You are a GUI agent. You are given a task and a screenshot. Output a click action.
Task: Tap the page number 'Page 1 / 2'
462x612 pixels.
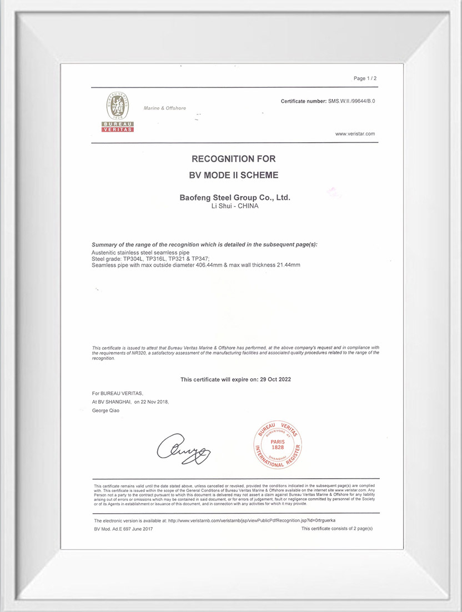365,78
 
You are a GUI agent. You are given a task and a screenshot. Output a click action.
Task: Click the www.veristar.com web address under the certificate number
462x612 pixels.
355,134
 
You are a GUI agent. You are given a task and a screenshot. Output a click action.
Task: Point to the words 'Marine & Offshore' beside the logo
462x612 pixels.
165,108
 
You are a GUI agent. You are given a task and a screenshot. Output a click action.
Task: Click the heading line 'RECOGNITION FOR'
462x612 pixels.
233,159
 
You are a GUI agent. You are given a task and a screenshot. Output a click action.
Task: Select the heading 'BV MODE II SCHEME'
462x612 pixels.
233,175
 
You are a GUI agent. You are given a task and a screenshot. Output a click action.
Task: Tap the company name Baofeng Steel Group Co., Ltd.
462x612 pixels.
235,197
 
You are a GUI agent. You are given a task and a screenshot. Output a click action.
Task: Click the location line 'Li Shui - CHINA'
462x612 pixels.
235,205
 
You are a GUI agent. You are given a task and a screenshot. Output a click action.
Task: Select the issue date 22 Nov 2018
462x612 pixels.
155,401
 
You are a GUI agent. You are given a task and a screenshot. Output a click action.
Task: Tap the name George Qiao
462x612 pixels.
106,410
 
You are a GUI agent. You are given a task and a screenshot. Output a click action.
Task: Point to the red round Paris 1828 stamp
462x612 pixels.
277,442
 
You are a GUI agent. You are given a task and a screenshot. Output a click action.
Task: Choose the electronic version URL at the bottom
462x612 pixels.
252,520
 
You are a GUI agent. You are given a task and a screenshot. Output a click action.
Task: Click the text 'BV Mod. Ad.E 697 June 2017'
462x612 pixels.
123,529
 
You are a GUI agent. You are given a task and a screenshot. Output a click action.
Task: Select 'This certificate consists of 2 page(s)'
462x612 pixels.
337,529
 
